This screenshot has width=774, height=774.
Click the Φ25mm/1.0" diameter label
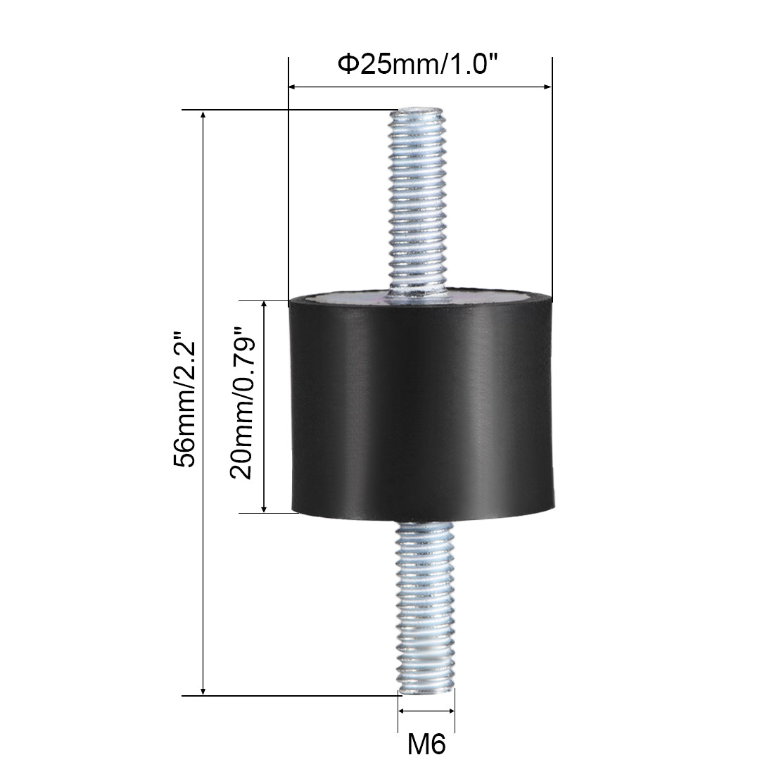pyautogui.click(x=417, y=65)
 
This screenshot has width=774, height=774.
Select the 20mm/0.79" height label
pyautogui.click(x=242, y=402)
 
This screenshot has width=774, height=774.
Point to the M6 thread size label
pyautogui.click(x=426, y=744)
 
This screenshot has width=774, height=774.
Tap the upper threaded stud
pyautogui.click(x=417, y=203)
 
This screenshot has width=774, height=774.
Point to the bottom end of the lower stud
pyautogui.click(x=426, y=693)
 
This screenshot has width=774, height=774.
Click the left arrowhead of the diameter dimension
pyautogui.click(x=292, y=87)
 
